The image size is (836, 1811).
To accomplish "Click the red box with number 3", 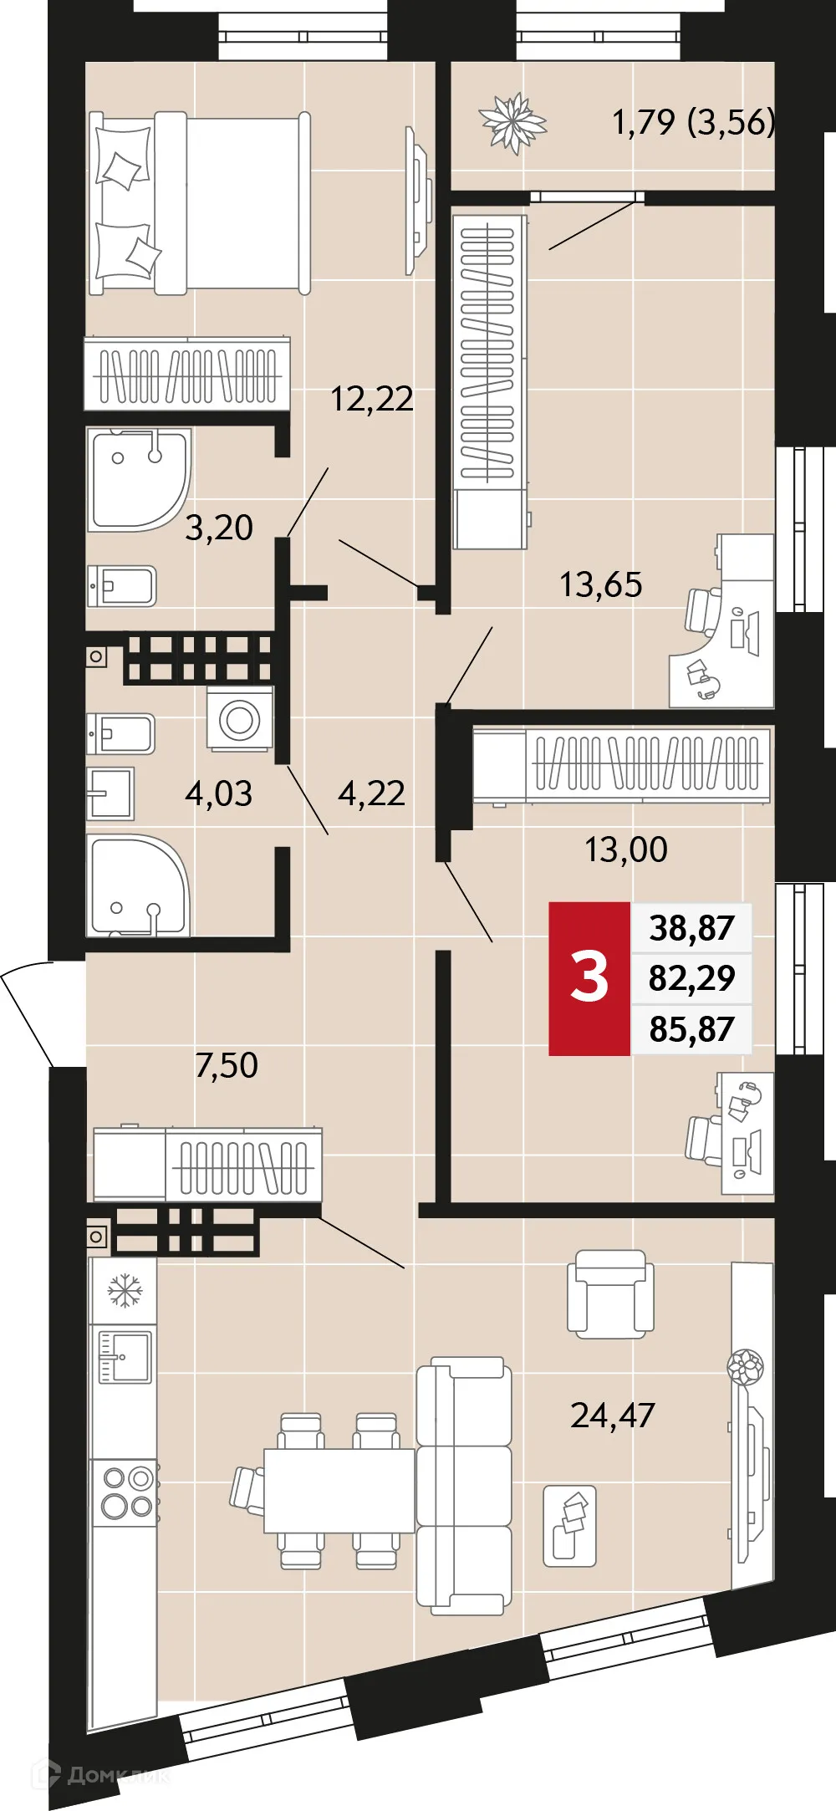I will coord(589,978).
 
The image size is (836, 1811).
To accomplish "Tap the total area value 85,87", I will coord(691,1029).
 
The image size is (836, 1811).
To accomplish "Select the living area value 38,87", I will coord(691,928).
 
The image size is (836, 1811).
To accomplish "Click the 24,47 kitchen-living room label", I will coord(612,1416).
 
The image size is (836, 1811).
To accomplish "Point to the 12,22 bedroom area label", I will coord(371,399).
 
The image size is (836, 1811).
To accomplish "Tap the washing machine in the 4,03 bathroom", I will coord(240,718).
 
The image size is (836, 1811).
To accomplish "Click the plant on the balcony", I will coord(512,124).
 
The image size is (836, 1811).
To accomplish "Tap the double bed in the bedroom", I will coord(201,203).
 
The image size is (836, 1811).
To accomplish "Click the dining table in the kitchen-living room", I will coord(339,1490).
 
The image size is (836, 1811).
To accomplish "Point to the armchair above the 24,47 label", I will coord(610,1293).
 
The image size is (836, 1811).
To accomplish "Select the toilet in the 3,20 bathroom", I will coord(123,586).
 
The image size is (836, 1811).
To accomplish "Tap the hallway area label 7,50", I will coord(226,1065).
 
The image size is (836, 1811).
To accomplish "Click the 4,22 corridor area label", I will coord(371,793).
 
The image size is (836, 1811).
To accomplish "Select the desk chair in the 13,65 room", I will coord(702,610).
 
